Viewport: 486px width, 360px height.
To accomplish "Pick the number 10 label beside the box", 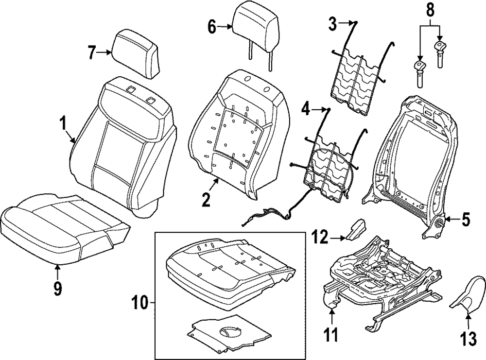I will [140, 305].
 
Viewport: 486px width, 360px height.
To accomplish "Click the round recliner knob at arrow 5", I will [438, 223].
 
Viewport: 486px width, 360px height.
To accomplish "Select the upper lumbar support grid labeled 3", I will [357, 80].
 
